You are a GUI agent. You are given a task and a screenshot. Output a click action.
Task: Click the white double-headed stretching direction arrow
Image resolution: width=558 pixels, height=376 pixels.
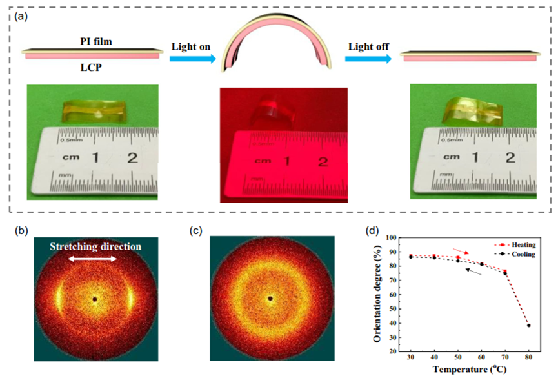pos(94,259)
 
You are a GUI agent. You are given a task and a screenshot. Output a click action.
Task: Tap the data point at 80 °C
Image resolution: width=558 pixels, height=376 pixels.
pos(528,325)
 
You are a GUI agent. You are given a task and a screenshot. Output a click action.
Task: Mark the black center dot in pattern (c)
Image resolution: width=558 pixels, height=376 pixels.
pos(270,298)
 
